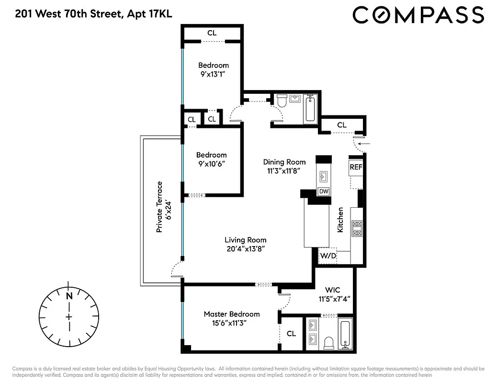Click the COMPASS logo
[x=418, y=15]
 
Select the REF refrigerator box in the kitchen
[x=355, y=167]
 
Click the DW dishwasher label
[x=324, y=191]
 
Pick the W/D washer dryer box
[x=328, y=255]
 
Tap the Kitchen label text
[x=340, y=220]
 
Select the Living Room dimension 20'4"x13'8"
[x=245, y=248]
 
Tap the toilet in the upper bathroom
[x=282, y=101]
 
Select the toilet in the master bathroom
[x=329, y=342]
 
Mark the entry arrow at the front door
[x=364, y=142]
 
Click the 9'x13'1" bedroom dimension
[x=214, y=74]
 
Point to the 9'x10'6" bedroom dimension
[x=211, y=164]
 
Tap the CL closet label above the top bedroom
[x=212, y=33]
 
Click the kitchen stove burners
[x=357, y=228]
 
